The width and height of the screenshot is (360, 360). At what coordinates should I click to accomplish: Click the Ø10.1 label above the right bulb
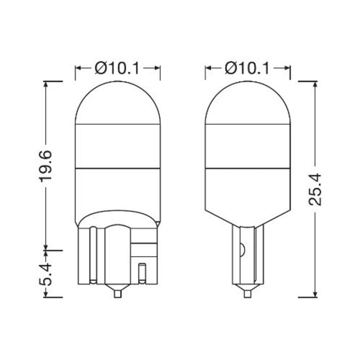(x=247, y=67)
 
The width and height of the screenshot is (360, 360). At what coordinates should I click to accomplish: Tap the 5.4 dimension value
(x=46, y=272)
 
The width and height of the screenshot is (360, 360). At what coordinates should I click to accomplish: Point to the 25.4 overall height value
(x=314, y=189)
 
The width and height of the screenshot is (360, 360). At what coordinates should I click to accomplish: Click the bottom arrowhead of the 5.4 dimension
(x=46, y=293)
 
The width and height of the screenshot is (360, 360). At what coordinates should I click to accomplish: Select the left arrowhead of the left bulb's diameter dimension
(x=78, y=67)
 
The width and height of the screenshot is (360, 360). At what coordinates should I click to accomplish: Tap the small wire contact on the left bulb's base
(x=142, y=272)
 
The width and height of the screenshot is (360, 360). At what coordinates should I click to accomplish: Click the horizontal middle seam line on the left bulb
(x=117, y=168)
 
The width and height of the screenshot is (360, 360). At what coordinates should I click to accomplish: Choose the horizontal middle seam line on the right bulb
(x=247, y=168)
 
